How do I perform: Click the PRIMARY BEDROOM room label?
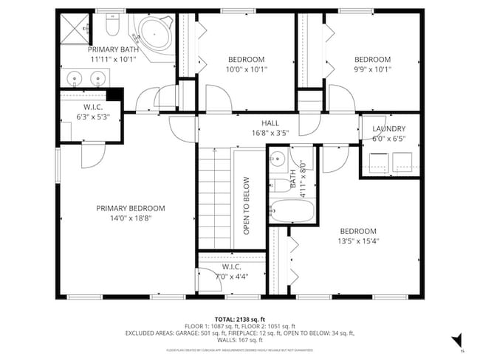131,208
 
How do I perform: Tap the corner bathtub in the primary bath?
153,33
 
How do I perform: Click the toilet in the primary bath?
112,28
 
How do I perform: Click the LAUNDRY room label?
388,128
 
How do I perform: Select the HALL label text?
270,123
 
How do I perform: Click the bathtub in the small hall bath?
292,212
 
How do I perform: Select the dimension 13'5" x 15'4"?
358,240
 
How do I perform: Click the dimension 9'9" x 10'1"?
372,70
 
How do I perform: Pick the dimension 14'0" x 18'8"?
131,218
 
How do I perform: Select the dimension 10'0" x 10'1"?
246,70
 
